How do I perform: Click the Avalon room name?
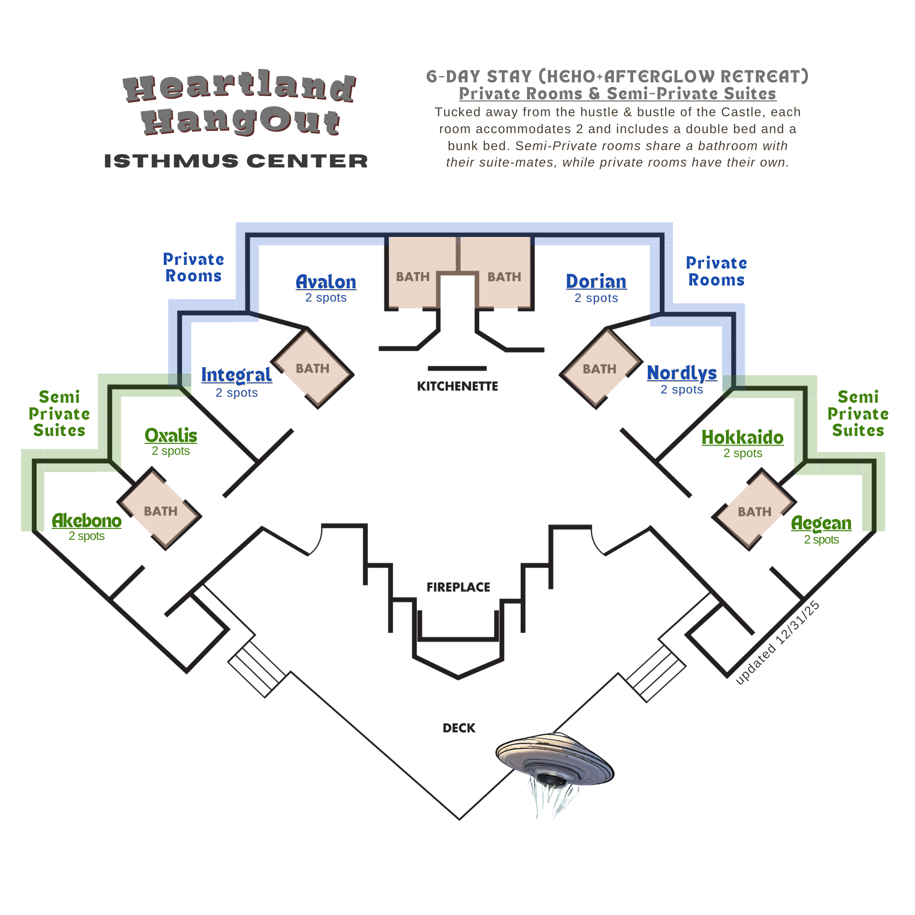pos(326,282)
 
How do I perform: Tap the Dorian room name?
pos(596,281)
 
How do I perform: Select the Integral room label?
pos(237,375)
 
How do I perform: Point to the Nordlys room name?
pos(682,373)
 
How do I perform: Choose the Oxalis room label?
pos(171,435)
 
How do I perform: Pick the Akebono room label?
pos(86,521)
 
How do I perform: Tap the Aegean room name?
pos(821,523)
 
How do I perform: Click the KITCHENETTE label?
pos(457,387)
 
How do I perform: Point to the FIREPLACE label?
pos(458,587)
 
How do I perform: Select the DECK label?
pos(458,728)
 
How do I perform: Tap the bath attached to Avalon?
pos(413,277)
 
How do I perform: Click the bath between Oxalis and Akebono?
pos(160,511)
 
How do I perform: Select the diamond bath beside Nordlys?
pos(599,368)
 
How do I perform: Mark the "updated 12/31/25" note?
pos(777,643)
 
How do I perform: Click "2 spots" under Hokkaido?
pos(742,453)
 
